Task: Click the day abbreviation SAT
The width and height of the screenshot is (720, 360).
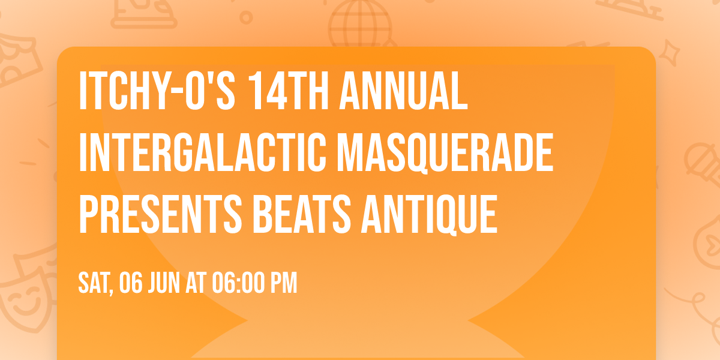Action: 92,283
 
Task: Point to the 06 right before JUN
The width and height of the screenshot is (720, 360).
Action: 131,283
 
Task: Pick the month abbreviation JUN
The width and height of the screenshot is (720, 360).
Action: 164,283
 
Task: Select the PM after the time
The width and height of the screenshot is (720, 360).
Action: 284,283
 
